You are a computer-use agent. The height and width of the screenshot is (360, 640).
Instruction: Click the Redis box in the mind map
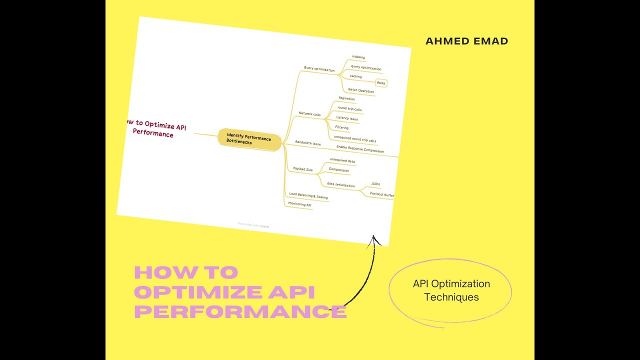pyautogui.click(x=381, y=83)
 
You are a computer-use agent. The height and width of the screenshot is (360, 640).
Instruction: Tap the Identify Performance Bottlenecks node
pyautogui.click(x=248, y=139)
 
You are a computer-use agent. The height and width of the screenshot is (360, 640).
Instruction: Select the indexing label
pyautogui.click(x=358, y=57)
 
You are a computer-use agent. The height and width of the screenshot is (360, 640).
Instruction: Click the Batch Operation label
pyautogui.click(x=361, y=90)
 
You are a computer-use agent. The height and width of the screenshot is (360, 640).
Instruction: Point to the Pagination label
pyautogui.click(x=346, y=99)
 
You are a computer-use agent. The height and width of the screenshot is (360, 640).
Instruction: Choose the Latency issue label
pyautogui.click(x=347, y=118)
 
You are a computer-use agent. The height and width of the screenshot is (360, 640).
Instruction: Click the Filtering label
pyautogui.click(x=342, y=128)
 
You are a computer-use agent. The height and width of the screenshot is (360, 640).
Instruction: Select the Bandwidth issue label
pyautogui.click(x=308, y=143)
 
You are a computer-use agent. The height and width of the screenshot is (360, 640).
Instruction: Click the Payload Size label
pyautogui.click(x=303, y=169)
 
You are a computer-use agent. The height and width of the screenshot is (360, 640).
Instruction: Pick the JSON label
pyautogui.click(x=375, y=184)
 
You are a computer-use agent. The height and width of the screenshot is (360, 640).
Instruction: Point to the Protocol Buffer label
pyautogui.click(x=382, y=194)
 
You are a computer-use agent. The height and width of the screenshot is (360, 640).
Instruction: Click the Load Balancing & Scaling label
pyautogui.click(x=308, y=196)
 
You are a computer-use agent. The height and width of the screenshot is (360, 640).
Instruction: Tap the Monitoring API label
pyautogui.click(x=300, y=204)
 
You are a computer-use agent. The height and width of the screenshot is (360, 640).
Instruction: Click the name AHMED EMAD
pyautogui.click(x=466, y=41)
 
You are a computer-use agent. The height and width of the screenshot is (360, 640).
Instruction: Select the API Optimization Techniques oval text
pyautogui.click(x=451, y=290)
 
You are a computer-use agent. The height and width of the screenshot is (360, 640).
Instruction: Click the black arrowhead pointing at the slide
pyautogui.click(x=374, y=240)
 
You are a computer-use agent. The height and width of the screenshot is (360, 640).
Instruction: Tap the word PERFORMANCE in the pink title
pyautogui.click(x=240, y=311)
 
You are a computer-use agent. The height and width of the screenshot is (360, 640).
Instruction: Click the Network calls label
pyautogui.click(x=309, y=114)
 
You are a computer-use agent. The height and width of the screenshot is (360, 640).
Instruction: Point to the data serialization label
pyautogui.click(x=340, y=185)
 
